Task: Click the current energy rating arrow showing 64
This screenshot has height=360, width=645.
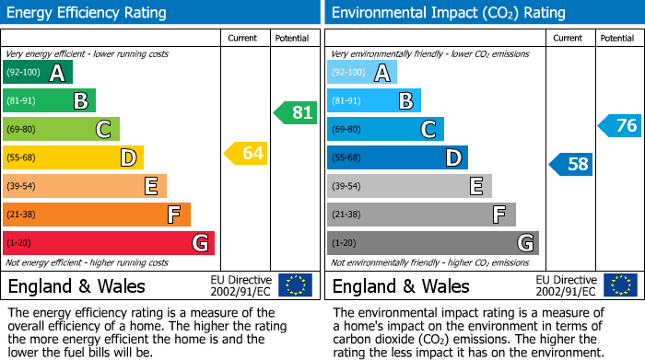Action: point(246,154)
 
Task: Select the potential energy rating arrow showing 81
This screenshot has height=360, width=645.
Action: point(295,113)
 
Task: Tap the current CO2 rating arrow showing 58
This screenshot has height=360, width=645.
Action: point(571,165)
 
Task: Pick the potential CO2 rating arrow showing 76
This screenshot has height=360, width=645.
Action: point(619,125)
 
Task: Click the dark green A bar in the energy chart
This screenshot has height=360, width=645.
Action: point(38,73)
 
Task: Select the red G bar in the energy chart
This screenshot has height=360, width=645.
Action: point(109,243)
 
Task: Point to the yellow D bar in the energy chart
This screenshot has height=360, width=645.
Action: point(73,157)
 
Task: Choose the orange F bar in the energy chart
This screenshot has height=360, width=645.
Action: point(97,215)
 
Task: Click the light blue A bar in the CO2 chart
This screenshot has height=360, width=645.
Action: point(362,73)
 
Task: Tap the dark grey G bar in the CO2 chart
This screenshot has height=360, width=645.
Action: point(433,243)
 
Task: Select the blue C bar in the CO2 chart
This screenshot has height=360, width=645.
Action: point(385,129)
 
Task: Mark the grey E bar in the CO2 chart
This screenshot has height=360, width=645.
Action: point(409,186)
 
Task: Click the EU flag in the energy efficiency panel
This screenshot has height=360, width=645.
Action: point(295,285)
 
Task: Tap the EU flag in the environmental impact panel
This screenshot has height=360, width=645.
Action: point(619,285)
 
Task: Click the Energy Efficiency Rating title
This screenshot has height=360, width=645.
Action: point(88,13)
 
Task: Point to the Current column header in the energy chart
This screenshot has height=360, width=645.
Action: point(244,38)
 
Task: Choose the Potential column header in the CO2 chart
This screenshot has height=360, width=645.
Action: point(617,38)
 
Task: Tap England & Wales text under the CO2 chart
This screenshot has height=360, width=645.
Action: point(401,285)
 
